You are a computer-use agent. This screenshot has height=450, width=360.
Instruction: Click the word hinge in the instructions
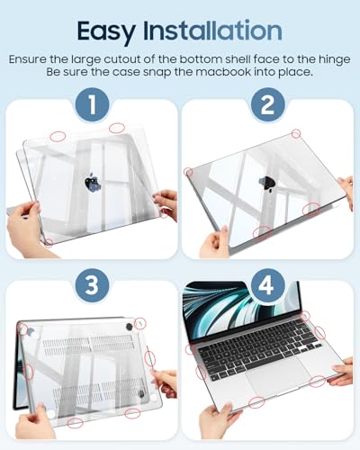(331, 58)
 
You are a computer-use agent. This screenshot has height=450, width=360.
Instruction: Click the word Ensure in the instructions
(32, 58)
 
